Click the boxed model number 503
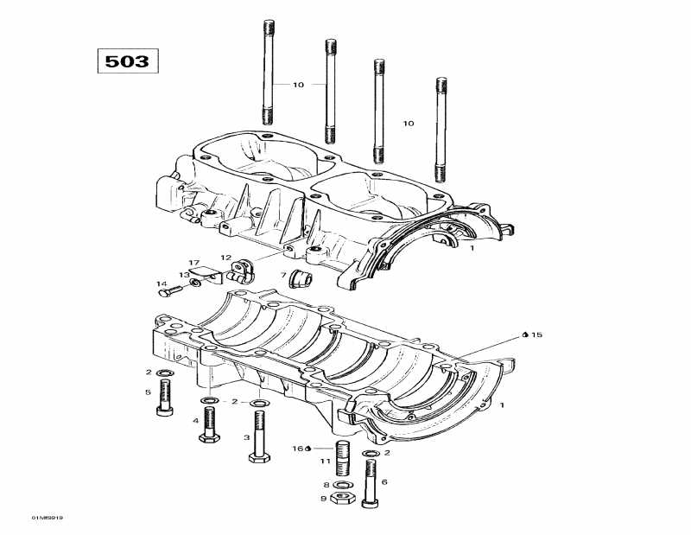127,61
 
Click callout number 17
194,262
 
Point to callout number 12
225,258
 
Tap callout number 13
182,276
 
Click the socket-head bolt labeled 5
164,398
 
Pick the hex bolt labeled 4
209,424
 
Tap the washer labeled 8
342,485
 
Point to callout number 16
299,449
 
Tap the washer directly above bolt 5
163,373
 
